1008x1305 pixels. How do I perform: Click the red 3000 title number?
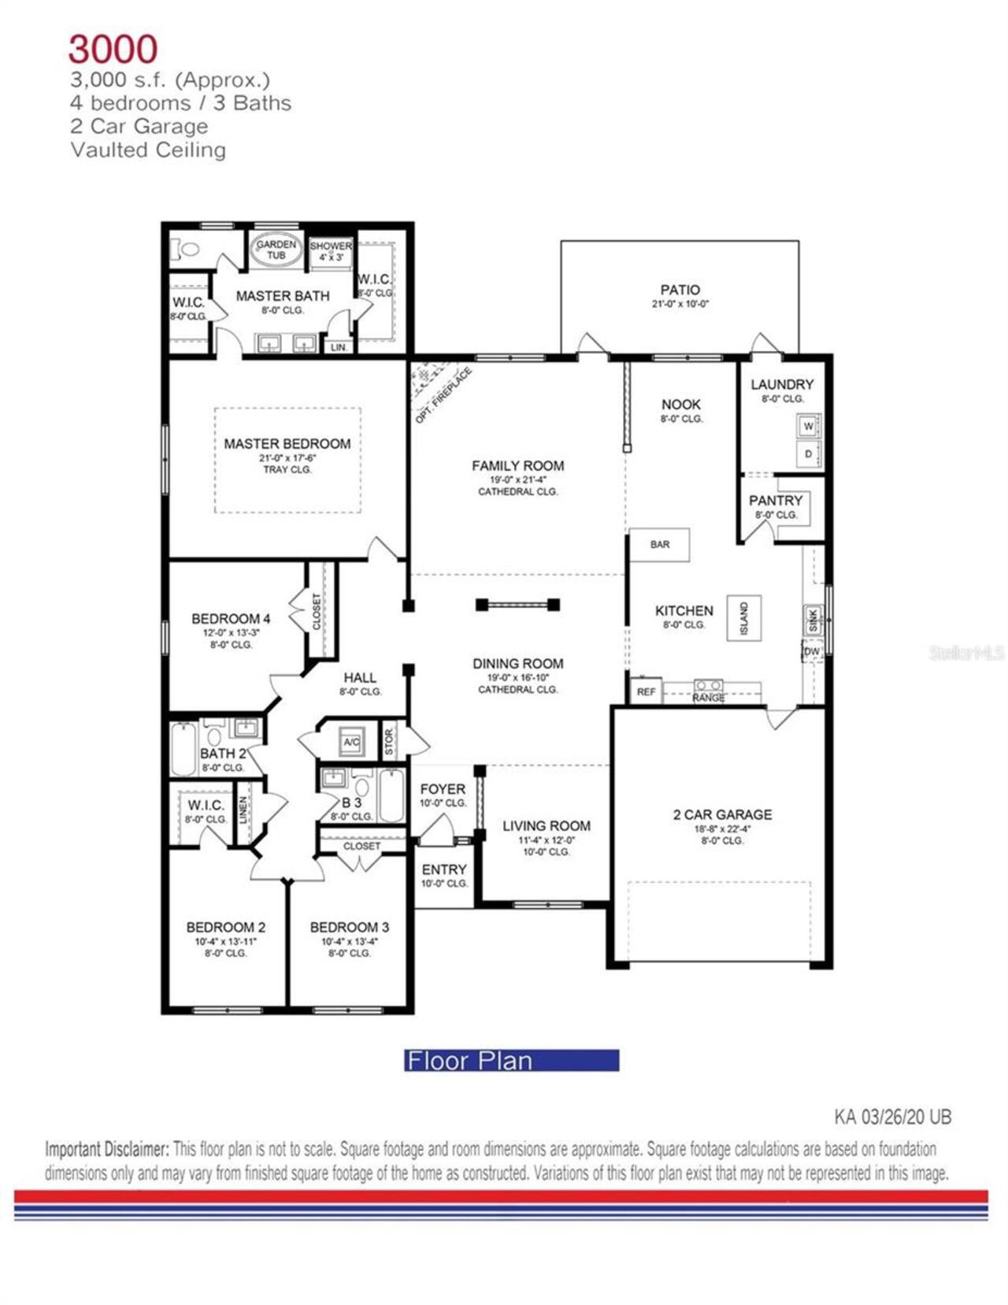tap(113, 49)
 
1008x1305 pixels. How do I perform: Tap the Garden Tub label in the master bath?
tap(276, 250)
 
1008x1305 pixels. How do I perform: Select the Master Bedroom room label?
tap(287, 444)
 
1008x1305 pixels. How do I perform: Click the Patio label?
tap(680, 290)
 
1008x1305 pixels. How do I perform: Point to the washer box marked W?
tap(808, 426)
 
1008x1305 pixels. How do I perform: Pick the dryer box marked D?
tap(808, 454)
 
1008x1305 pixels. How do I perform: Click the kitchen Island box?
tap(743, 617)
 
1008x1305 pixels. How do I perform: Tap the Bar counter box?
tap(660, 544)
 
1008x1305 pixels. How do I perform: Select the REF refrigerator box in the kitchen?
tap(646, 691)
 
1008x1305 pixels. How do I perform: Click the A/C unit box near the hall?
tap(351, 742)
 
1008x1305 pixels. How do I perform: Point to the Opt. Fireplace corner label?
tap(443, 395)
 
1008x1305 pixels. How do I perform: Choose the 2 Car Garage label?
tap(722, 814)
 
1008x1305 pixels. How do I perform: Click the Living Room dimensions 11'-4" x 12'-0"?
tap(546, 840)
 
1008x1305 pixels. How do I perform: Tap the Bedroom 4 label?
tap(231, 619)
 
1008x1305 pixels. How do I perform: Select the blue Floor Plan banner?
tap(511, 1060)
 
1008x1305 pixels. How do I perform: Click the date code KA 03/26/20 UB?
tap(892, 1116)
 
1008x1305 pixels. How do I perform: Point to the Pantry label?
tap(776, 501)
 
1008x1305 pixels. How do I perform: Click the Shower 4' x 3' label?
tap(330, 250)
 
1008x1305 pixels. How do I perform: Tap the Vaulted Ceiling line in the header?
tap(148, 150)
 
